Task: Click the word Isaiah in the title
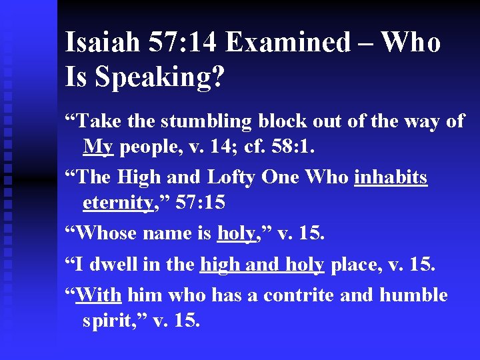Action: click(102, 43)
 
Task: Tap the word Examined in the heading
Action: click(287, 43)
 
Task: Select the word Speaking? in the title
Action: click(160, 77)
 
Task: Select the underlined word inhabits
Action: click(391, 178)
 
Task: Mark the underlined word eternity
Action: click(117, 203)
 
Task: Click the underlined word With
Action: click(99, 295)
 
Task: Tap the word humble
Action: click(414, 295)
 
